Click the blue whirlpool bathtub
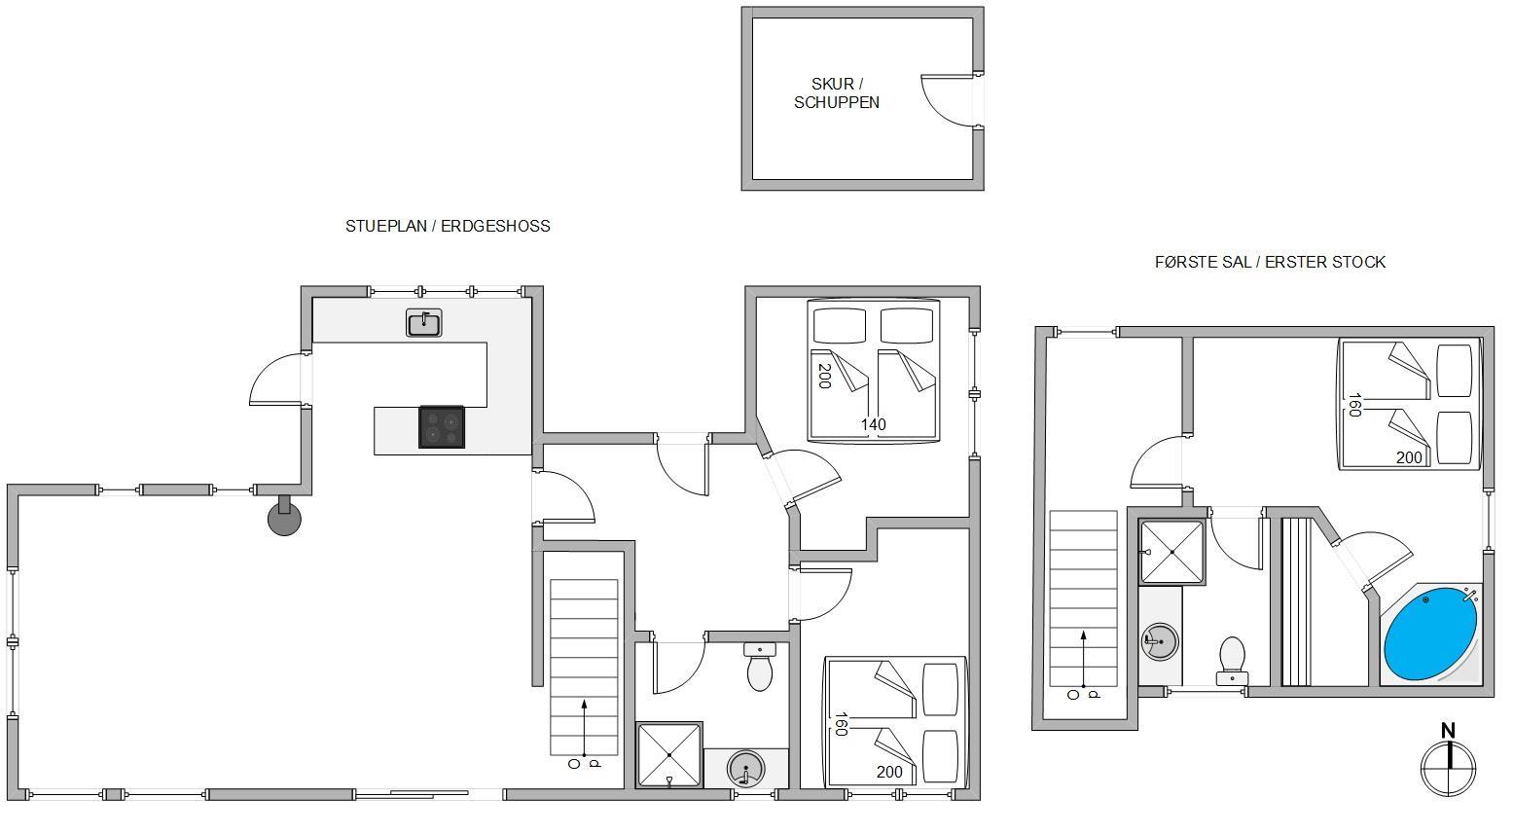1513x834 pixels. pyautogui.click(x=1430, y=635)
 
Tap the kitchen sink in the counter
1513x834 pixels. pyautogui.click(x=423, y=323)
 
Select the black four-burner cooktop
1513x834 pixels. pyautogui.click(x=442, y=427)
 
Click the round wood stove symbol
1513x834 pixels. pyautogui.click(x=284, y=519)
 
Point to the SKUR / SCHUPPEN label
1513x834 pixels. pyautogui.click(x=836, y=93)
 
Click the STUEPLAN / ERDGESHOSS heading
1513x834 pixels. pyautogui.click(x=448, y=226)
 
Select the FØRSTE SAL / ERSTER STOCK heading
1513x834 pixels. pyautogui.click(x=1270, y=262)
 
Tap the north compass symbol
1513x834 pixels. pyautogui.click(x=1448, y=760)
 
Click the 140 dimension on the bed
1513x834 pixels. pyautogui.click(x=874, y=424)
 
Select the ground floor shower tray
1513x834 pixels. pyautogui.click(x=669, y=755)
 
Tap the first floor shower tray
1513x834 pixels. pyautogui.click(x=1171, y=552)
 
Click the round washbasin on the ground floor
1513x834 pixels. pyautogui.click(x=745, y=769)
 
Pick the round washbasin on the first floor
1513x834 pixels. pyautogui.click(x=1161, y=641)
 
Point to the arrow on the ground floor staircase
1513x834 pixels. pyautogui.click(x=584, y=727)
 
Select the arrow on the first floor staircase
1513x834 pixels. pyautogui.click(x=1083, y=659)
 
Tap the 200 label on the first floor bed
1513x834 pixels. pyautogui.click(x=1409, y=457)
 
